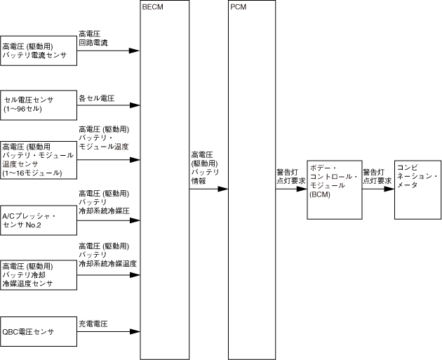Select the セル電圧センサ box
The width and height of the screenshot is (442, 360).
tap(38, 105)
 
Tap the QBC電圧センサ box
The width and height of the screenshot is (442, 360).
tap(38, 331)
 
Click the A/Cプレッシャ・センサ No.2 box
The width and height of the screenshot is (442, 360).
tap(38, 219)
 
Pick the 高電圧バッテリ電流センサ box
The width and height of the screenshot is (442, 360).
tap(38, 51)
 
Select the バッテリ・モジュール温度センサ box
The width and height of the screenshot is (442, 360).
tap(38, 159)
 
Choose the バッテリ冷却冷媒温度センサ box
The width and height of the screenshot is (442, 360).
tap(38, 275)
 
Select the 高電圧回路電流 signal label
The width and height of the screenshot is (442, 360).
tap(93, 38)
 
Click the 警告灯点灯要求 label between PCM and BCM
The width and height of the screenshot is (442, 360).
tap(290, 175)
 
